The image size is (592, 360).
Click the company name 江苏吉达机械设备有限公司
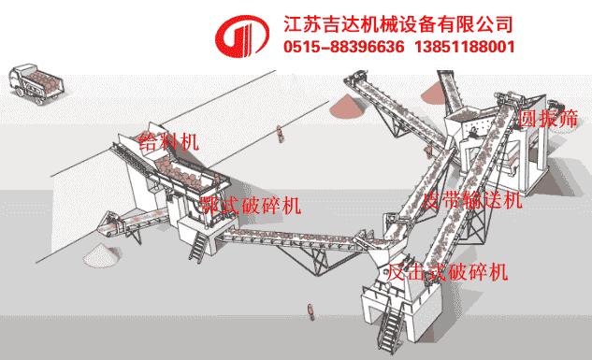[x=398, y=22]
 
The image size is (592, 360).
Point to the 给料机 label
[x=168, y=141]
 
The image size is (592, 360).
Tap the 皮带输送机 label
[x=471, y=200]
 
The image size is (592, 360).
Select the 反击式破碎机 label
[x=448, y=271]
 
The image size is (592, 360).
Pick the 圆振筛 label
[x=548, y=119]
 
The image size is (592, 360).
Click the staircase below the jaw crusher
[x=198, y=247]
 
